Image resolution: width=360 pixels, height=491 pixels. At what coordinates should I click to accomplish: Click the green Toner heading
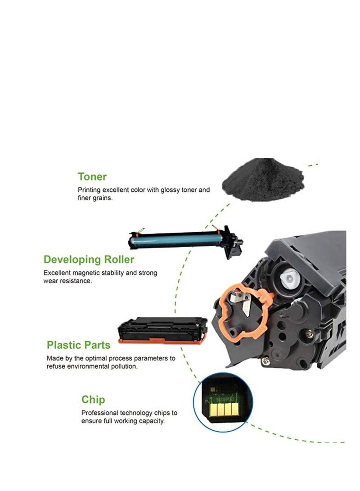92,176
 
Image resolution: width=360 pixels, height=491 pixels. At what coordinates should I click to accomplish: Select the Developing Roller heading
89,260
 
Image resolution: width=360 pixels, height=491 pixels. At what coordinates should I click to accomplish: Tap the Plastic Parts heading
78,345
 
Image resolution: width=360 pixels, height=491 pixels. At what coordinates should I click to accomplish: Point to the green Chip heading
93,399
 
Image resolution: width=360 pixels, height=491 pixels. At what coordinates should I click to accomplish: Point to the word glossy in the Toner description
162,190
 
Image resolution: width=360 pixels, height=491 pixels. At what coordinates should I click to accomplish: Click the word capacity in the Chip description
152,421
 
